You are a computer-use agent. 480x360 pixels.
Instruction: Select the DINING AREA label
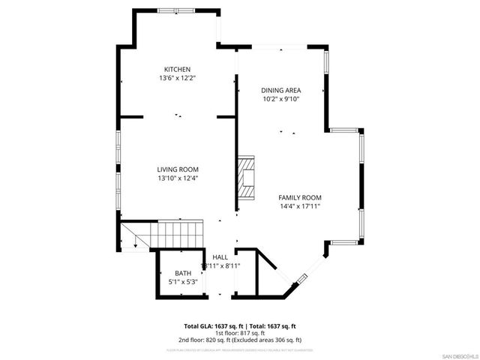[x=281, y=90]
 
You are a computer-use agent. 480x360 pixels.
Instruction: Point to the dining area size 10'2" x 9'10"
[x=281, y=99]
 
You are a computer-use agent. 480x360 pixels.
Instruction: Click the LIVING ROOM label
[x=178, y=169]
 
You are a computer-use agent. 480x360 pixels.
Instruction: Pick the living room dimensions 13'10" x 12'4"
[x=178, y=178]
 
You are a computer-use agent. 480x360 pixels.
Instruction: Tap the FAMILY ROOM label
[x=300, y=197]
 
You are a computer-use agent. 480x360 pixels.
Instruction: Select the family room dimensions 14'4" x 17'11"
[x=300, y=206]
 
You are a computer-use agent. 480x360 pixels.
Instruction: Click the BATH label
[x=183, y=273]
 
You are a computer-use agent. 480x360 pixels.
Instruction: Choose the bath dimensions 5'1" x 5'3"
[x=183, y=282]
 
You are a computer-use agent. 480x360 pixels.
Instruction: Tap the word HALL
[x=220, y=257]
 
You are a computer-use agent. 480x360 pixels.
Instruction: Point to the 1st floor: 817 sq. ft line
[x=240, y=333]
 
